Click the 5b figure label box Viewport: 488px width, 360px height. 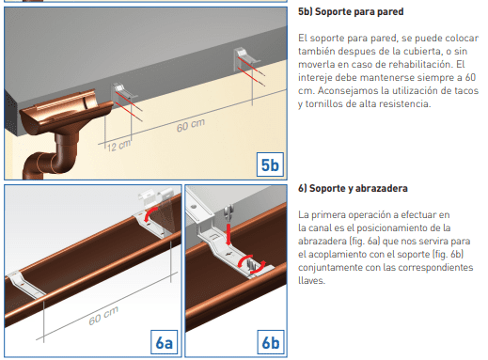(270, 164)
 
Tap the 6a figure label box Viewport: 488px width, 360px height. (164, 342)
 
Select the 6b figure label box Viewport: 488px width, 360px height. (271, 342)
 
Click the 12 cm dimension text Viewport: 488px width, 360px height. (118, 146)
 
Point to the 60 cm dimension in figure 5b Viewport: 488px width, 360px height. (191, 125)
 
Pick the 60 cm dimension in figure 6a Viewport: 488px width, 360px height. (103, 315)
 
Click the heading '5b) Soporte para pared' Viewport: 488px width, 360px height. (351, 12)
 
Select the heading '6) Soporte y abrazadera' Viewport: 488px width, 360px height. (353, 188)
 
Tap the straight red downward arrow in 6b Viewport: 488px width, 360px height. (228, 234)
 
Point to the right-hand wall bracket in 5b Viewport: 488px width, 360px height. (247, 59)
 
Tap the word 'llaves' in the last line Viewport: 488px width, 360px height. (311, 280)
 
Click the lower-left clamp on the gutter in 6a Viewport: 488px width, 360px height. (26, 285)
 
